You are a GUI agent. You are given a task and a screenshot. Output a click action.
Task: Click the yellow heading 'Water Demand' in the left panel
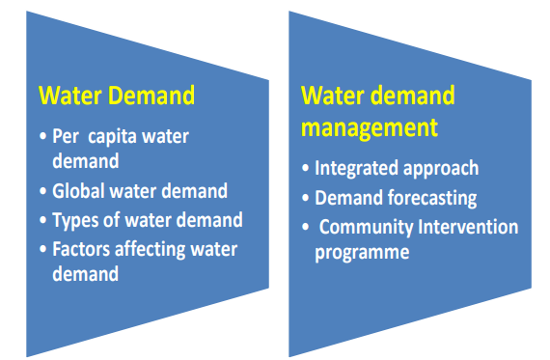tap(116, 97)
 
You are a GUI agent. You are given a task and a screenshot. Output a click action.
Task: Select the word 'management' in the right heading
tap(370, 126)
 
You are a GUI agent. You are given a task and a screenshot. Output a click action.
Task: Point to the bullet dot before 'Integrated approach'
tap(306, 169)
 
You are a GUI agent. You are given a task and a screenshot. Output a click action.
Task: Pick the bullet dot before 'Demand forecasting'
tap(306, 199)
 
